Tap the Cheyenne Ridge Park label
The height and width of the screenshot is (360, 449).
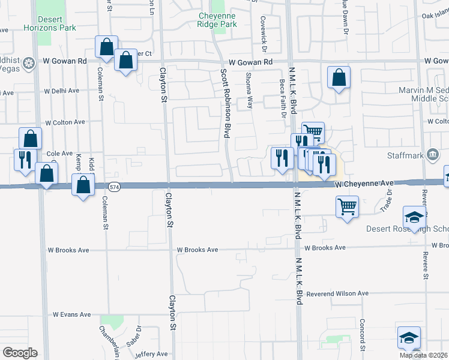[x=217, y=20]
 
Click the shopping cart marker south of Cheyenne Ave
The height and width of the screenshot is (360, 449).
[x=348, y=207]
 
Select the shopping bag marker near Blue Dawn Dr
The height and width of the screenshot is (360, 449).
[x=339, y=77]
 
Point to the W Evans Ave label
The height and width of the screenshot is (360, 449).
[x=71, y=314]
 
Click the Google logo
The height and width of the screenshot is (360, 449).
[x=20, y=353]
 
